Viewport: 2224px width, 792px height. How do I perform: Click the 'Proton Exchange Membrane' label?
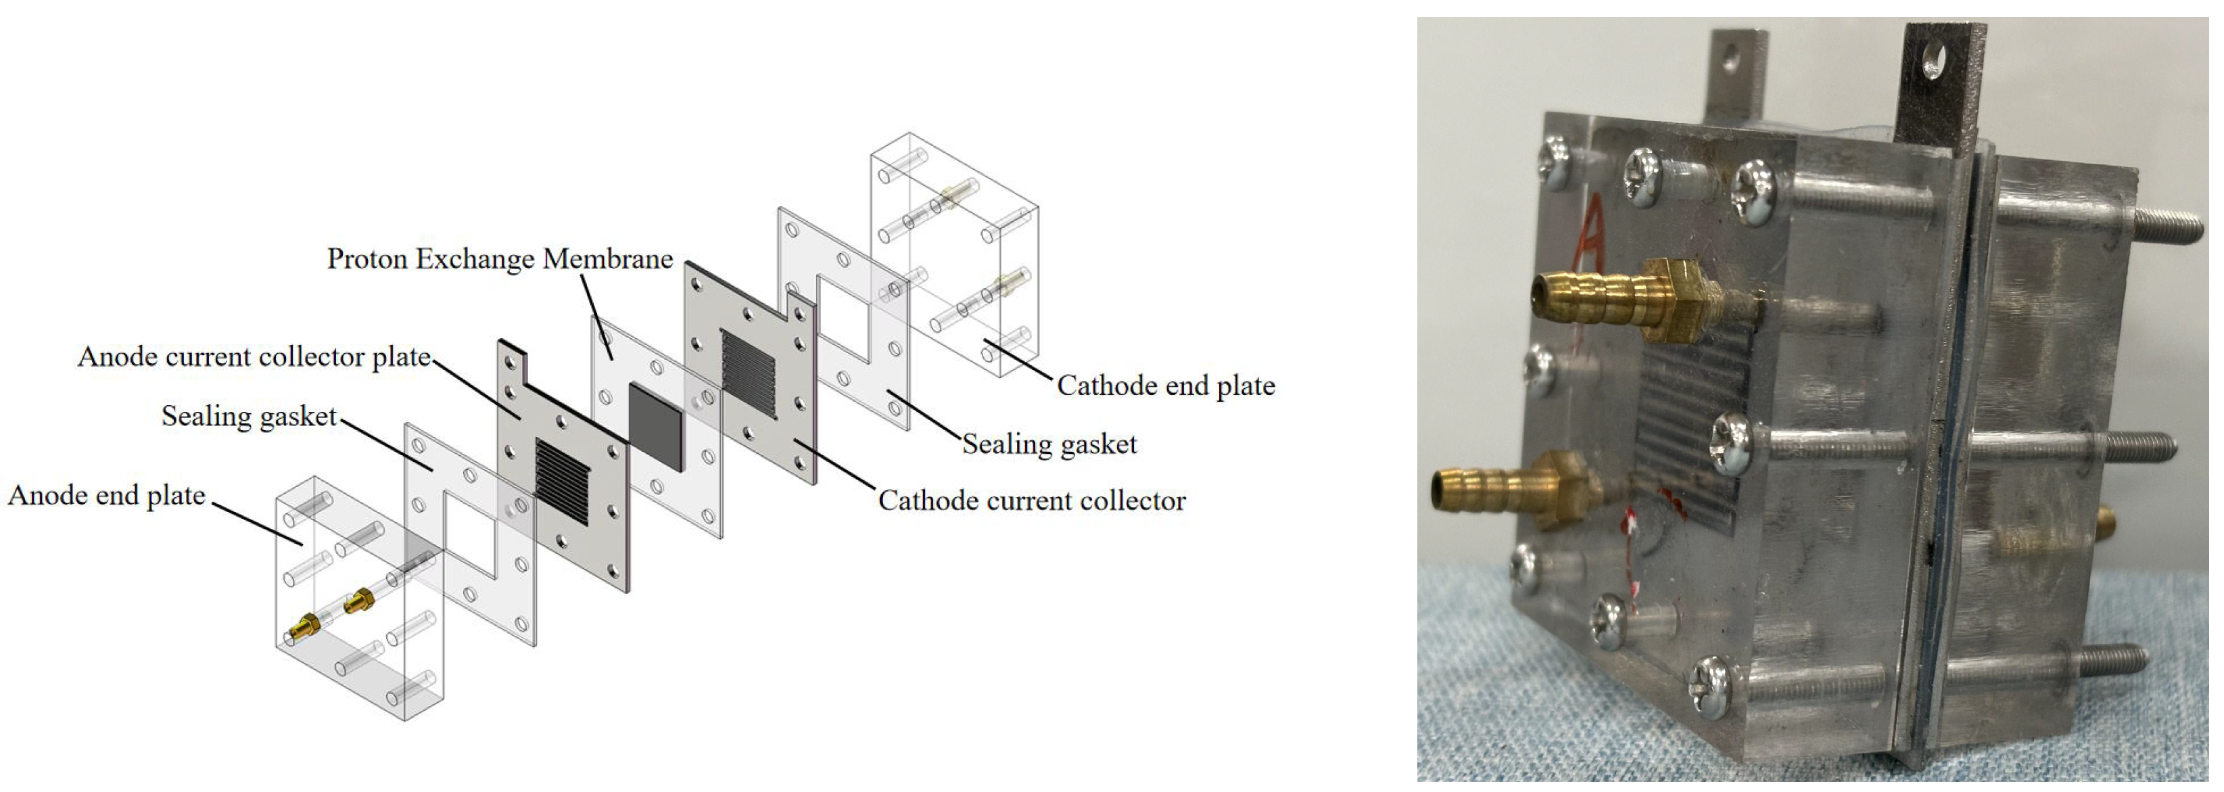click(x=500, y=259)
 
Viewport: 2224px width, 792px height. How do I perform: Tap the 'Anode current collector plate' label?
click(x=254, y=356)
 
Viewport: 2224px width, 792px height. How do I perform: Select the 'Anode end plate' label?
click(x=107, y=496)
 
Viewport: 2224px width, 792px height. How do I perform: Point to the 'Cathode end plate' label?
click(x=1166, y=386)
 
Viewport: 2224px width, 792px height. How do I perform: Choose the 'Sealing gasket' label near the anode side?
click(x=249, y=417)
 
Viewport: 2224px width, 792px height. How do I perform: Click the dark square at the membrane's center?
click(x=655, y=427)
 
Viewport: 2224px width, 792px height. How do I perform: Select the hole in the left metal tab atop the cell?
click(x=1728, y=58)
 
